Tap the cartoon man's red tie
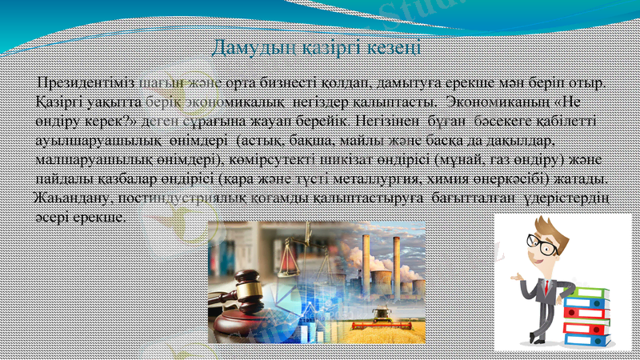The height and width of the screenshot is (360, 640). [547, 288]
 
